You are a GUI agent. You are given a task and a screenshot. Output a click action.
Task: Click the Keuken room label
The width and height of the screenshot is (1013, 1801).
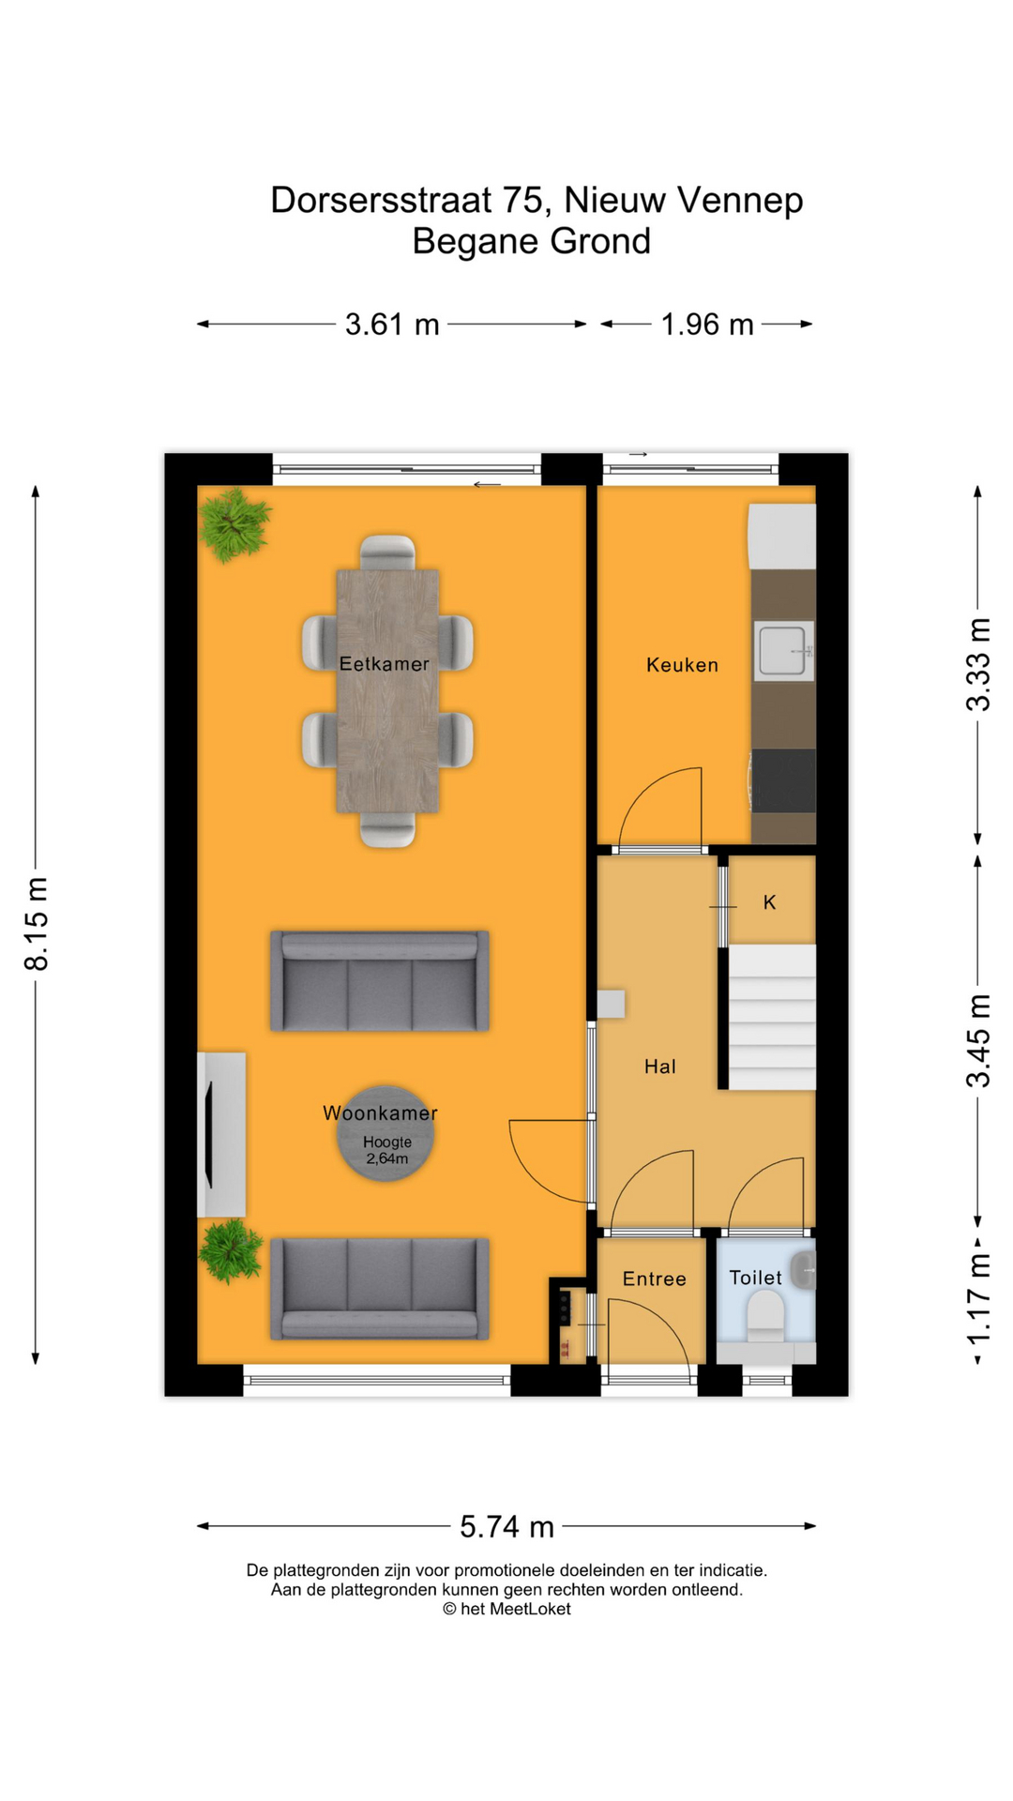(682, 665)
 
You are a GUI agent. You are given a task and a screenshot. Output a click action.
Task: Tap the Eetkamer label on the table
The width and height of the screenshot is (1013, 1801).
(384, 664)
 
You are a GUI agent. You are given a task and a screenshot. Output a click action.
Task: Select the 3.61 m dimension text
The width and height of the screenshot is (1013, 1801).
(392, 325)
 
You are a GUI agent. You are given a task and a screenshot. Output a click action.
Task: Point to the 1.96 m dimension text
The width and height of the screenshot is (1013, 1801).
(707, 325)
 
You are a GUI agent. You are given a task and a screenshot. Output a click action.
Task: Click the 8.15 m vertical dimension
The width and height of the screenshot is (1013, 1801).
(36, 924)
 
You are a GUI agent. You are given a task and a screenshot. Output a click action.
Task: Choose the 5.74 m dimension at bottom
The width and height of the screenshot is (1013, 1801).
(506, 1527)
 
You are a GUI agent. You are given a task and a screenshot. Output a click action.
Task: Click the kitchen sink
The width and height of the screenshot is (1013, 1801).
(782, 650)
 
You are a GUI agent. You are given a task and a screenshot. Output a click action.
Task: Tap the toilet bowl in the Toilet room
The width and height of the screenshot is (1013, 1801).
(765, 1313)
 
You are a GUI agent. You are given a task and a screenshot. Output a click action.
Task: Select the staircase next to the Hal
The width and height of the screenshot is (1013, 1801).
(772, 1017)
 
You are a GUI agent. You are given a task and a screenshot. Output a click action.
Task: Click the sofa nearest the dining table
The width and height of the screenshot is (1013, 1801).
(380, 981)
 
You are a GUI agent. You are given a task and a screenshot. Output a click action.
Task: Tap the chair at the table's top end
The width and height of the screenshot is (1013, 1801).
(387, 552)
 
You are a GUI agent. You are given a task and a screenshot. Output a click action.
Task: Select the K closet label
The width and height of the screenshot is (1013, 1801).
(769, 902)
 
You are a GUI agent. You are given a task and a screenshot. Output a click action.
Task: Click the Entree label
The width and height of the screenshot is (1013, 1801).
(654, 1279)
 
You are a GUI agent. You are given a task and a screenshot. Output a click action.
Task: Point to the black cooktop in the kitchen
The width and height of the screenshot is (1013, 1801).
(783, 779)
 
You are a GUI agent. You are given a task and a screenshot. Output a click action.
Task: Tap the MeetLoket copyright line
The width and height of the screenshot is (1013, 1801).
(506, 1609)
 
